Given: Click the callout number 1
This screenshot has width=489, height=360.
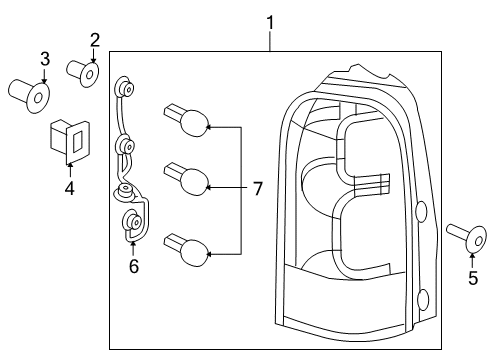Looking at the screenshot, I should pyautogui.click(x=269, y=21).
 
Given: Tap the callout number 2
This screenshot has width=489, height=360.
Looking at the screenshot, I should pyautogui.click(x=95, y=40).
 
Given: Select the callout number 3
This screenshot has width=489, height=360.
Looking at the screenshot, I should pyautogui.click(x=44, y=57).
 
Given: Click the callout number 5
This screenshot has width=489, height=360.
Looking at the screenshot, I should pyautogui.click(x=473, y=279).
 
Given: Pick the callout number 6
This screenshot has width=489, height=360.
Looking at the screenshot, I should pyautogui.click(x=132, y=266).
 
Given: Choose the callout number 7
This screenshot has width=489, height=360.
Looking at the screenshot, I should pyautogui.click(x=257, y=188).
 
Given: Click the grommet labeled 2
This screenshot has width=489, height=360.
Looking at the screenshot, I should pyautogui.click(x=83, y=71).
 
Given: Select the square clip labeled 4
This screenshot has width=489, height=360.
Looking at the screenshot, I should pyautogui.click(x=68, y=140).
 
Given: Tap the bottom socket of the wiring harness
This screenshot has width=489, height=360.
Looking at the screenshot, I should pyautogui.click(x=131, y=224).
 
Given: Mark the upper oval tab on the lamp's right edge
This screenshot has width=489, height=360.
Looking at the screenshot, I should pyautogui.click(x=421, y=211).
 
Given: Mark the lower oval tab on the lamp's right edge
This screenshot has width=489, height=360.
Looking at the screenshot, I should pyautogui.click(x=421, y=299).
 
